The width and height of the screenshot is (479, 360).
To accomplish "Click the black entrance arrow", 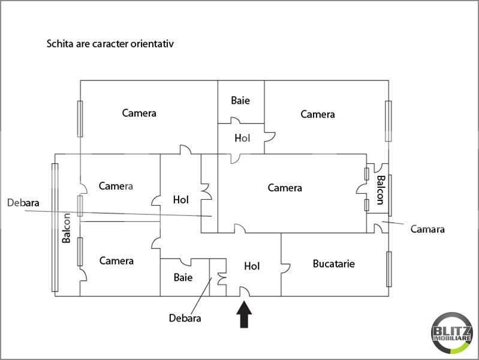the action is tap(244, 314).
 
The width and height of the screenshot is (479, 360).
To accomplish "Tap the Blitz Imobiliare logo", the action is tap(452, 333).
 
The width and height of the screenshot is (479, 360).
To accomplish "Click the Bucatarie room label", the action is tap(334, 263).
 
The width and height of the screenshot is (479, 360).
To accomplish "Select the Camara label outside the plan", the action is tap(427, 229).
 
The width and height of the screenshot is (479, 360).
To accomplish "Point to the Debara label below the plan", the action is tap(185, 318).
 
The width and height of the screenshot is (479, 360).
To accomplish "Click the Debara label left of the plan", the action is tap(23, 203).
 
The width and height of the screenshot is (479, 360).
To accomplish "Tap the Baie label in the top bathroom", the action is tap(240, 100).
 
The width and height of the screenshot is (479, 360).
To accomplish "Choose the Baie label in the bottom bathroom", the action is tap(183, 277).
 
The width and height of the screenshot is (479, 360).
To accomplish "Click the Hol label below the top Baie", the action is tap(242, 138).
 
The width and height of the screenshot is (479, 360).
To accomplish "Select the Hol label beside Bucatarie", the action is tap(252, 266).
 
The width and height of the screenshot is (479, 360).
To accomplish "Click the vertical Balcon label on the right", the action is tap(381, 190).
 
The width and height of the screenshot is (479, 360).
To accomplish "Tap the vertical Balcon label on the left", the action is tap(67, 228).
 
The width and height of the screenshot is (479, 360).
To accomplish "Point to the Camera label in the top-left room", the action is tap(139, 113).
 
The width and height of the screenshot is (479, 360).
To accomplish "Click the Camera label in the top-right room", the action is tap(318, 114).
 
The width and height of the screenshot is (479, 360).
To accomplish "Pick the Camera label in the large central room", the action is tap(285, 187).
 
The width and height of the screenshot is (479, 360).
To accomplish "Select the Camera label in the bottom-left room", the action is tap(116, 260).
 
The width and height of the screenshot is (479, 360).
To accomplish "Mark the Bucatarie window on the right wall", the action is tap(389, 269).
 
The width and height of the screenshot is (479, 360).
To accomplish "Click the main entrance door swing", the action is tap(245, 291).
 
